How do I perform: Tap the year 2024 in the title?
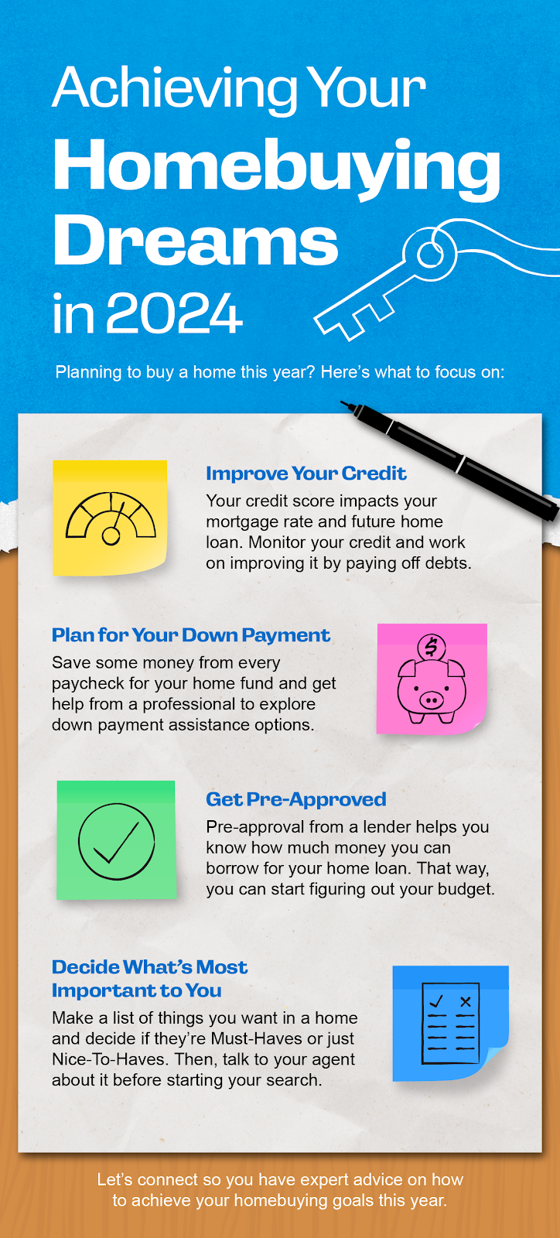174,313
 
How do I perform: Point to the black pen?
450,460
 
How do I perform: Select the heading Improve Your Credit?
306,474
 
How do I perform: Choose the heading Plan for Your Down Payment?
191,635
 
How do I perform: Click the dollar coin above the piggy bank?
432,646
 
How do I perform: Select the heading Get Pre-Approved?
296,799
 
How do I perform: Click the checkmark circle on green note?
117,841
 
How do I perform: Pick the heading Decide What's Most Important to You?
149,979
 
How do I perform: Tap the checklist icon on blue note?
450,1022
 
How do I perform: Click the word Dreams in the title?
196,242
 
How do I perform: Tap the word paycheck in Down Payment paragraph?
88,684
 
